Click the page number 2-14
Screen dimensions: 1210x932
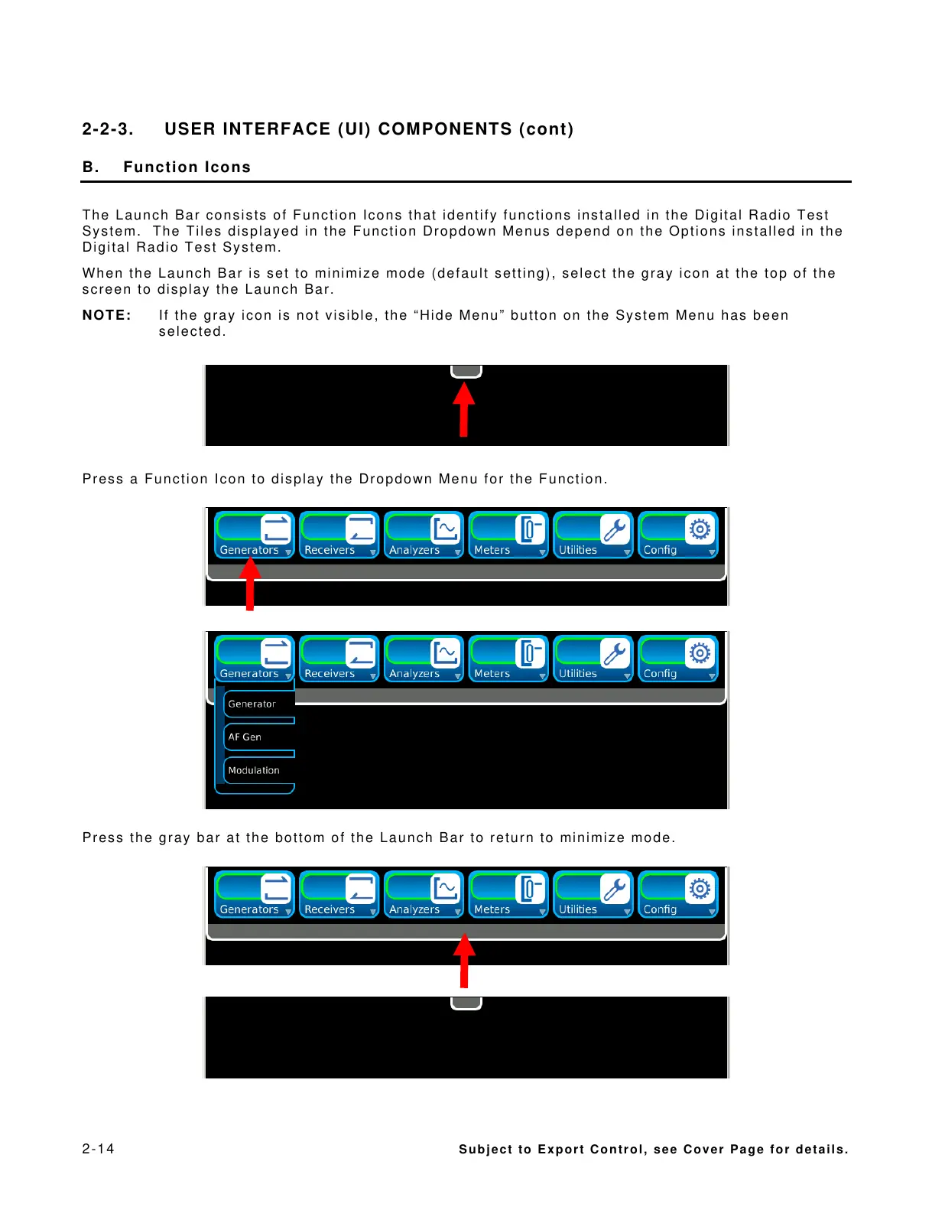(98, 1148)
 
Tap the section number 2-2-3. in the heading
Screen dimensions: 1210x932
(108, 129)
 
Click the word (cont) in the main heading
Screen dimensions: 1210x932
(546, 129)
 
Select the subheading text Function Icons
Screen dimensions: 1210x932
(187, 168)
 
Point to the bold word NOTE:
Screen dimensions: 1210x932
(107, 315)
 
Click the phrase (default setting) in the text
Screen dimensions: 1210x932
(493, 273)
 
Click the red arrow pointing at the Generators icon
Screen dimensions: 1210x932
(249, 585)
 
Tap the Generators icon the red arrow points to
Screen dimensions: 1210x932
(254, 535)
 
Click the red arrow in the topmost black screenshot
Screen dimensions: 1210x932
(463, 409)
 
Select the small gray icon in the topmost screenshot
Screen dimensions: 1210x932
(466, 371)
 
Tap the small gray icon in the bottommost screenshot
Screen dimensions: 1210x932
(466, 1003)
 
